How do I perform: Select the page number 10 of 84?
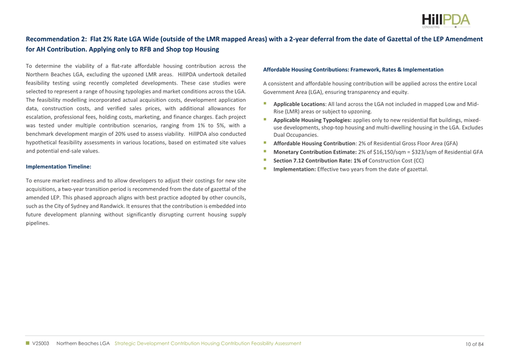pyautogui.click(x=475, y=344)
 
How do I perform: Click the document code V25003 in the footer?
pyautogui.click(x=41, y=344)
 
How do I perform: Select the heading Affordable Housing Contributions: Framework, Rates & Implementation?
pyautogui.click(x=353, y=70)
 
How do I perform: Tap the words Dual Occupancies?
pyautogui.click(x=299, y=135)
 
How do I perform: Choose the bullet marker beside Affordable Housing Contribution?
pyautogui.click(x=266, y=144)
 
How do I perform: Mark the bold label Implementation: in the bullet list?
pyautogui.click(x=294, y=169)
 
